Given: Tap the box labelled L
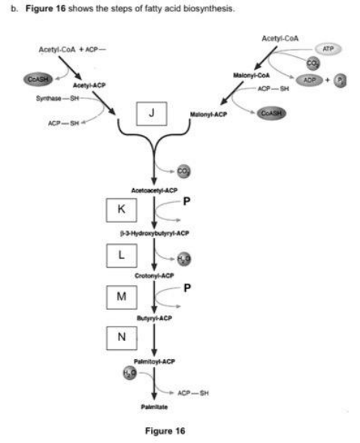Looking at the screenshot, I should point(121,254).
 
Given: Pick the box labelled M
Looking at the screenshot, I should point(121,297).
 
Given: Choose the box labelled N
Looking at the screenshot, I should point(121,336).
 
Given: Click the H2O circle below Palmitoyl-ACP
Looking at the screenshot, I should point(129,374).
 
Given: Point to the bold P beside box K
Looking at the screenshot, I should point(188,201).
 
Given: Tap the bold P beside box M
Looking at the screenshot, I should point(188,288).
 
